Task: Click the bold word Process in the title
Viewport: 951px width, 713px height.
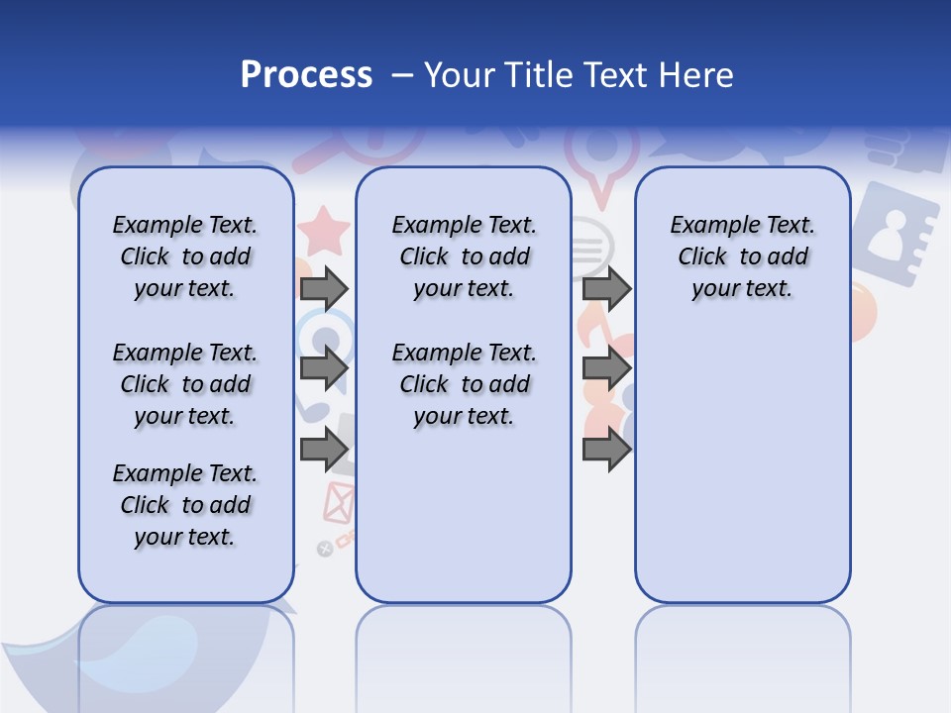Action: tap(306, 75)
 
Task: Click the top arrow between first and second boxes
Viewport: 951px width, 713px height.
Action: tap(324, 288)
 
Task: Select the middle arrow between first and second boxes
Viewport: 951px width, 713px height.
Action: tap(324, 368)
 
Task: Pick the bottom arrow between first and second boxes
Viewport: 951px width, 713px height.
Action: tap(324, 450)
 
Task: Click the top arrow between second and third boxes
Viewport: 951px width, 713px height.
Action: tap(606, 288)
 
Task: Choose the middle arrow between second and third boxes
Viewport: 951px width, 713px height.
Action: tap(606, 368)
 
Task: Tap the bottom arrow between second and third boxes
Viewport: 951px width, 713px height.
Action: tap(606, 450)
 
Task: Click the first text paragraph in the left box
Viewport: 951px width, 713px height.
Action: tap(185, 256)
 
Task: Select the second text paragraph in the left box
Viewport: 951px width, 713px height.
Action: tap(185, 384)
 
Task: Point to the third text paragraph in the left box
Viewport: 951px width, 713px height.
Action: tap(185, 505)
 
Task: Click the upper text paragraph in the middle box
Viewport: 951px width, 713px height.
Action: tap(464, 256)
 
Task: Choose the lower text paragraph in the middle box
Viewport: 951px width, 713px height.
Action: tap(464, 384)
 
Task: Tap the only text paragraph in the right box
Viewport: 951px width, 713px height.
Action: tap(742, 256)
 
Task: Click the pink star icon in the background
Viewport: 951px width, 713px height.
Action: tap(324, 232)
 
